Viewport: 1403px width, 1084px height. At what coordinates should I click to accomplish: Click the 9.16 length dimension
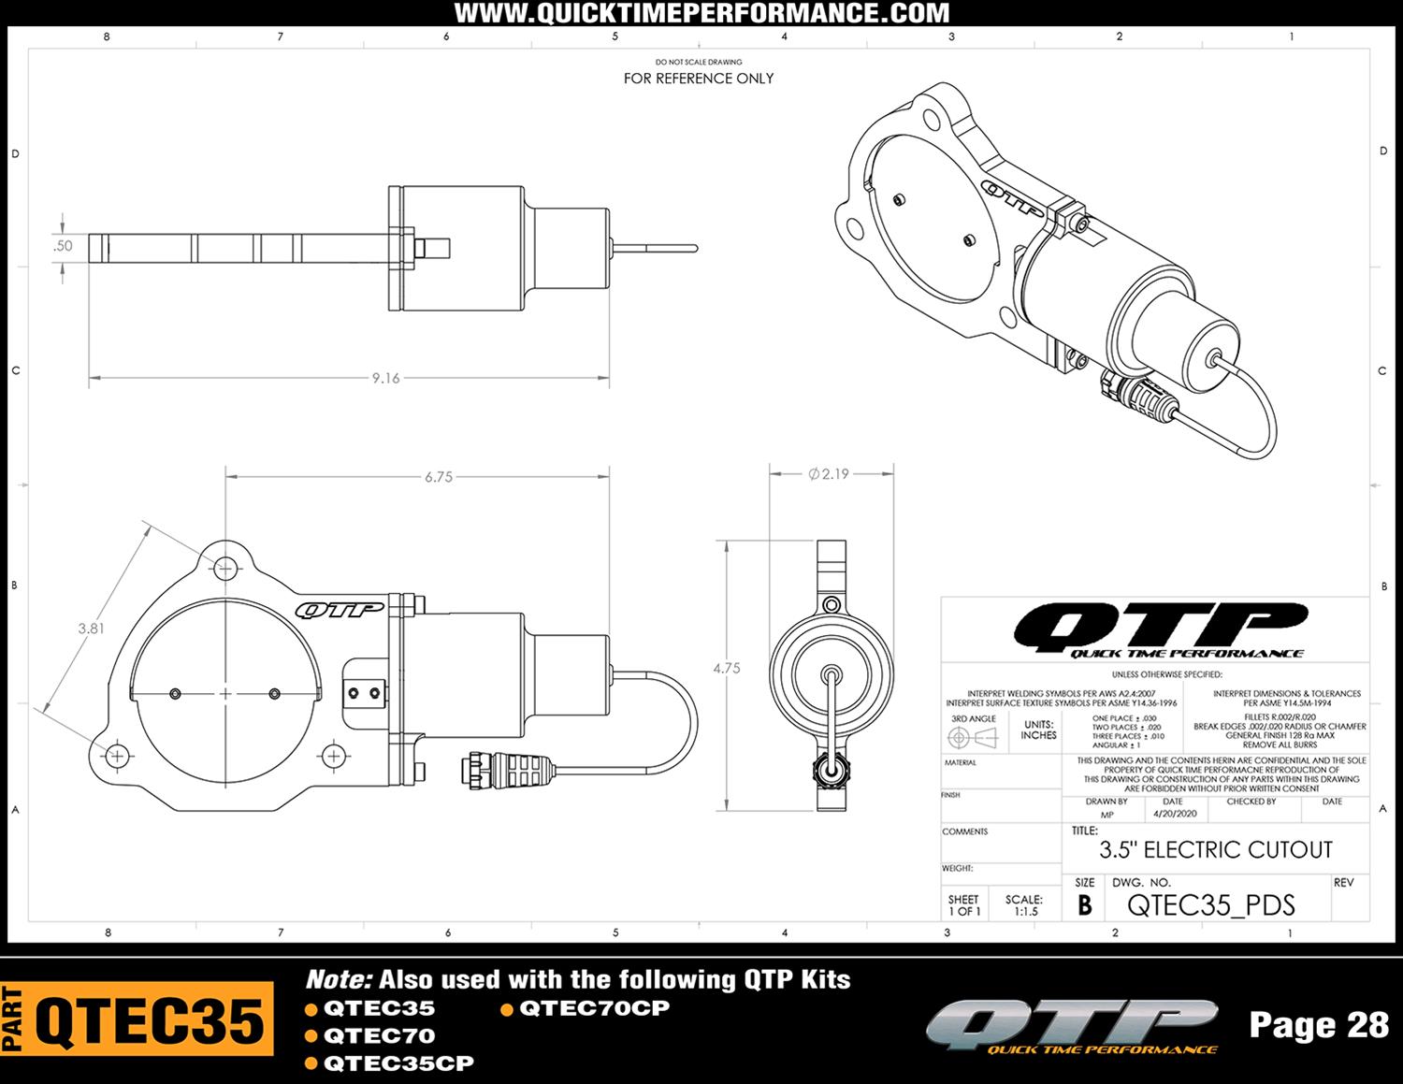point(385,379)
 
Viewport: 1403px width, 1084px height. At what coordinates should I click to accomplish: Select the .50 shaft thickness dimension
point(63,246)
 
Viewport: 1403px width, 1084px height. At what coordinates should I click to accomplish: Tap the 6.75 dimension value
point(438,477)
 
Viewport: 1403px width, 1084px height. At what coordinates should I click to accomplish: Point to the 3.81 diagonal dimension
point(91,629)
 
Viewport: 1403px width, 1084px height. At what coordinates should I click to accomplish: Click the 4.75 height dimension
point(727,669)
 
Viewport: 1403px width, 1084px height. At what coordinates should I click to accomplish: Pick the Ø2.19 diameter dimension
point(829,474)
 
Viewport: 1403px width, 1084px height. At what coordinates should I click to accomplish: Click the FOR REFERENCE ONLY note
point(699,79)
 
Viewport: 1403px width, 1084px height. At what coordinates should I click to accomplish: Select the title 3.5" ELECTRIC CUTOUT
point(1215,850)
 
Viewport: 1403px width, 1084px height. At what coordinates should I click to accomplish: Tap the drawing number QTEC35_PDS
point(1210,905)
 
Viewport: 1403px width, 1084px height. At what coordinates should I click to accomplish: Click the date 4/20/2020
point(1175,814)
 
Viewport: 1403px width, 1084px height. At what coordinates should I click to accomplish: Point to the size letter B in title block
point(1084,905)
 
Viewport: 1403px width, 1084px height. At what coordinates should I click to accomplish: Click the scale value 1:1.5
point(1025,911)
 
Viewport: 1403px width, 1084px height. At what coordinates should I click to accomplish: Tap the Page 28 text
point(1319,1025)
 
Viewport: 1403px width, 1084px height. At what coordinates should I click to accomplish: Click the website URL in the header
point(701,13)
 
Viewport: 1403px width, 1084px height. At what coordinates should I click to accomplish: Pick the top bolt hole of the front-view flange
point(225,567)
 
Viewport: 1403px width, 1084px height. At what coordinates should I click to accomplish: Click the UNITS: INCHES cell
point(1038,730)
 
